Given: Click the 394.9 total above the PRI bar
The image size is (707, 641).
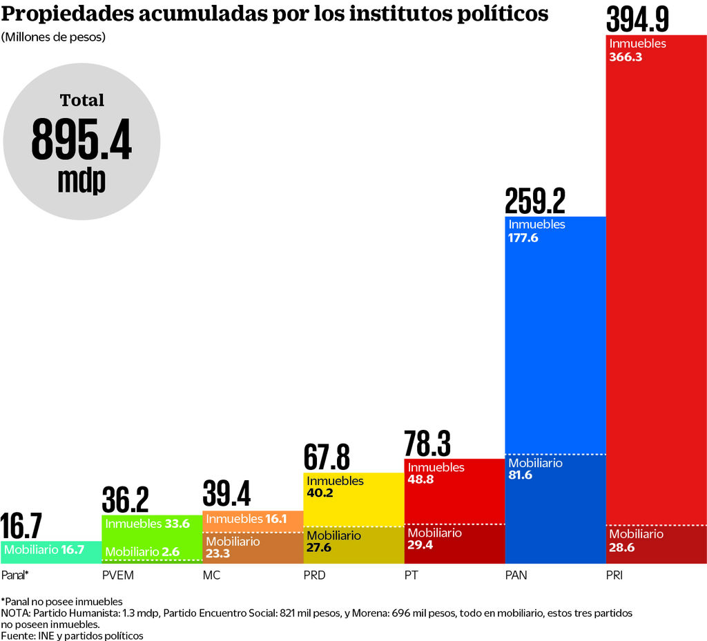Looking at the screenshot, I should (x=637, y=19).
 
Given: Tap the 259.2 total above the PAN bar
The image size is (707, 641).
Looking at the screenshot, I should (x=535, y=201).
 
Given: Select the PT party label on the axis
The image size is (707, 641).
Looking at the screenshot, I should (x=411, y=575).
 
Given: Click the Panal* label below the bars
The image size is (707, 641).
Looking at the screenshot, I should (x=14, y=575).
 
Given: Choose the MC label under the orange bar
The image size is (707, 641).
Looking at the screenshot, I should (x=211, y=575).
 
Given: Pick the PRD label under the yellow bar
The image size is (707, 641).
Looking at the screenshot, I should (x=315, y=575).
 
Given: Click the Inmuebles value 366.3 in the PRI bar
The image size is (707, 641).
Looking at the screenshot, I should (x=626, y=57).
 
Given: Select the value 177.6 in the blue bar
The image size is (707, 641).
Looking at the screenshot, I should (x=523, y=238).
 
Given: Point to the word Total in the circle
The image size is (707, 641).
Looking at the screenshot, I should (x=81, y=101).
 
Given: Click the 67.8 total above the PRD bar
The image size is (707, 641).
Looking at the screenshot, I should (x=327, y=457).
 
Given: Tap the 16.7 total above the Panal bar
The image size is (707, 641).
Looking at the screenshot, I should (x=21, y=526).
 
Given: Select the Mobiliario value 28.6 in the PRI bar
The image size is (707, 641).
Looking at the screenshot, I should (x=621, y=548).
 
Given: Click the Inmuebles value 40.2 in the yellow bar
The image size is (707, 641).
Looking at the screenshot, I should (x=320, y=493).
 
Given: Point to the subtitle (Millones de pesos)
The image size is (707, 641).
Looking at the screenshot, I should (x=53, y=37).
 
